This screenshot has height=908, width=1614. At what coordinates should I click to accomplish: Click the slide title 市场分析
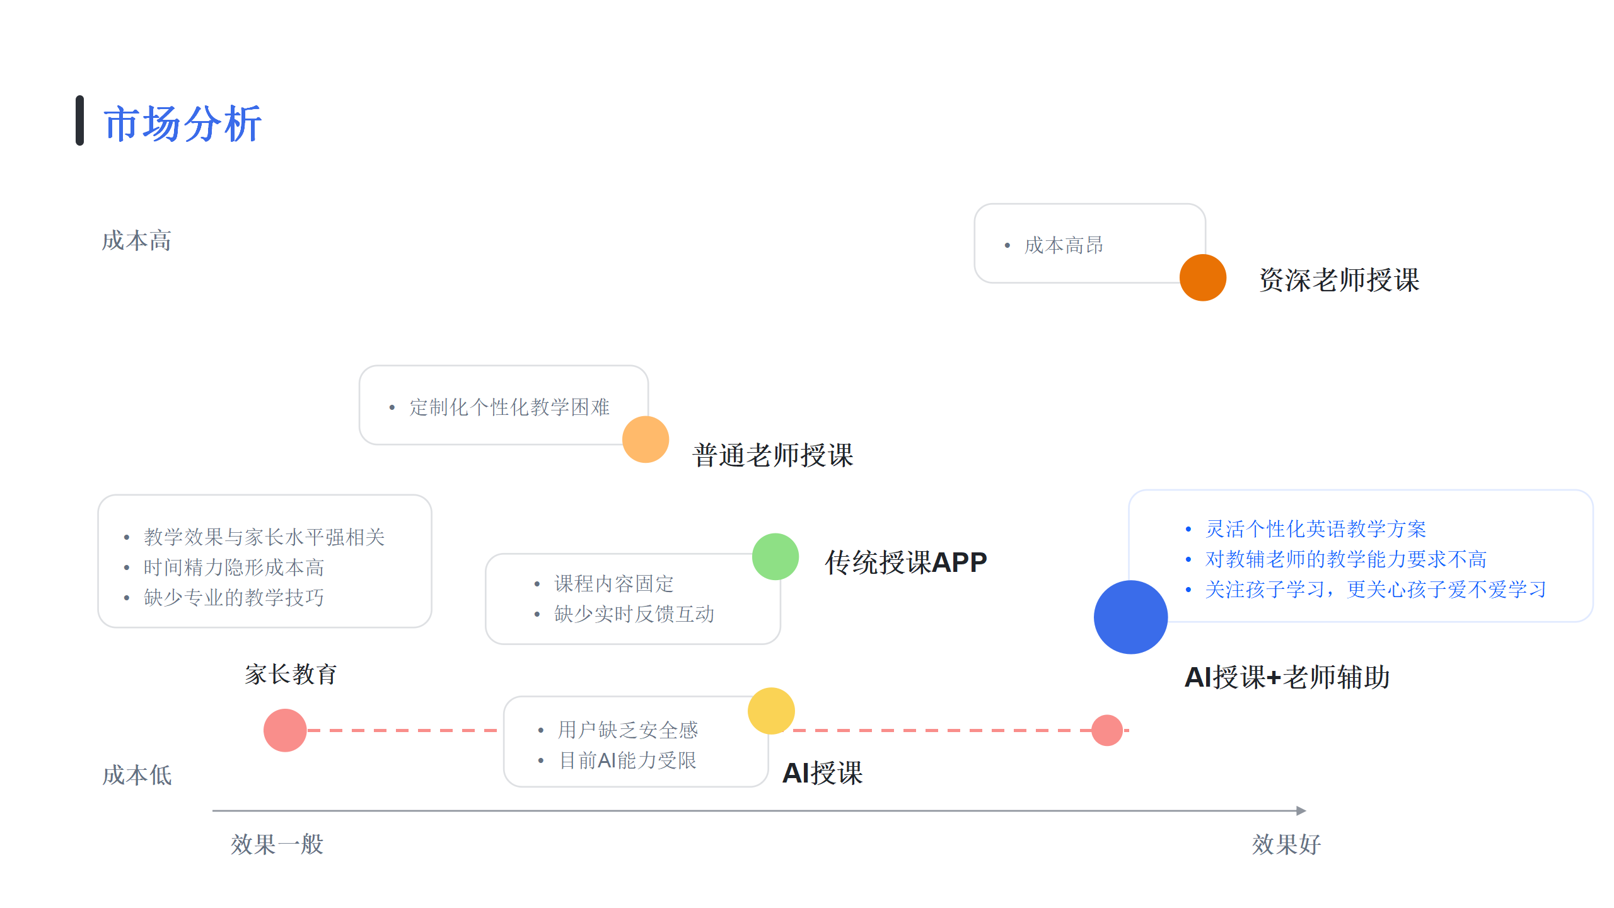click(182, 124)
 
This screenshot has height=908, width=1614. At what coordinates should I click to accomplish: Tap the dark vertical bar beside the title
click(80, 120)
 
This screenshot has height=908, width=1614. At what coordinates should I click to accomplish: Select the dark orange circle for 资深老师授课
click(1202, 277)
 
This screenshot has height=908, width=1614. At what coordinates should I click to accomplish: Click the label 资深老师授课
click(1339, 280)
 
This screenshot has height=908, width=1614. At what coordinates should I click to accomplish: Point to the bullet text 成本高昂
click(1064, 245)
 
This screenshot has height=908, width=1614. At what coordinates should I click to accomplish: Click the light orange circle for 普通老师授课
click(645, 439)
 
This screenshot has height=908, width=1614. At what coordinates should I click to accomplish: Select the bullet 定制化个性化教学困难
click(509, 407)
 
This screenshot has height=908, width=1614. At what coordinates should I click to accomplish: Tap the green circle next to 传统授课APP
click(775, 557)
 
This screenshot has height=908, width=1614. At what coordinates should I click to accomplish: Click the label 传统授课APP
click(905, 562)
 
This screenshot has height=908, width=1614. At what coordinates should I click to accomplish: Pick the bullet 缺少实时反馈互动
click(634, 614)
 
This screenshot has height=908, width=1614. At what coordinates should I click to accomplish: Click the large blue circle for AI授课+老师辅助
click(1130, 617)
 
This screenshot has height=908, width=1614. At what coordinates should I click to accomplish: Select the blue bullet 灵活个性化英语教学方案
click(1315, 529)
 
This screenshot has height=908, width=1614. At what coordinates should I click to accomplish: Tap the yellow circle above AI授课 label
click(770, 711)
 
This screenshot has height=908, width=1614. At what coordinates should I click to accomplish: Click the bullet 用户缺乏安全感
click(627, 730)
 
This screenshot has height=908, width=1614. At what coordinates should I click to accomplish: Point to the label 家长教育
click(291, 675)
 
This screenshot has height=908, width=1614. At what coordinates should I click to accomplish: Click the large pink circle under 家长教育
click(285, 730)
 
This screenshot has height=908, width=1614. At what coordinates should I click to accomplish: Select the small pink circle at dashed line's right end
click(1106, 730)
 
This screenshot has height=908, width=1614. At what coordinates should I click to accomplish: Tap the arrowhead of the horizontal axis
click(1301, 810)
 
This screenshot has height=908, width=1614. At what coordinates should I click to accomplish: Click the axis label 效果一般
click(277, 844)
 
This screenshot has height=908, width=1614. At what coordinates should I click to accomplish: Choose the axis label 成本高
click(137, 241)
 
